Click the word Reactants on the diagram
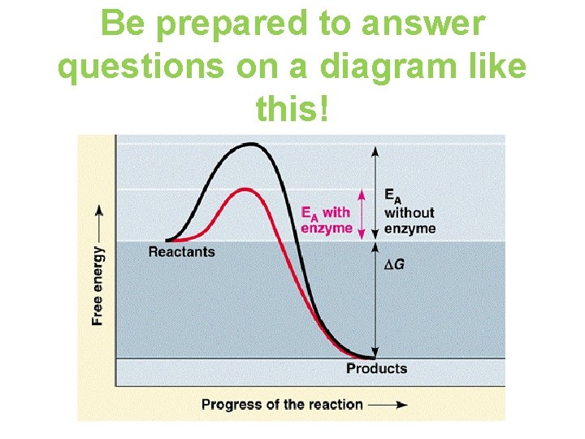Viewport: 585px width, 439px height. [x=181, y=252]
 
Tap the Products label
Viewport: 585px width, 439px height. [x=376, y=368]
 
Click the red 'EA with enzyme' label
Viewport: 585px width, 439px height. [x=326, y=220]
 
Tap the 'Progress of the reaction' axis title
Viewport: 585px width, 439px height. [x=282, y=404]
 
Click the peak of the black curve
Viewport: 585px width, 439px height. [x=252, y=145]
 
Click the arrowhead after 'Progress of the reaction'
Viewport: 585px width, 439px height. [x=400, y=404]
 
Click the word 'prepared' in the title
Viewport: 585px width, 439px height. [x=227, y=26]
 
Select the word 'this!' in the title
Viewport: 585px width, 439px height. [x=292, y=108]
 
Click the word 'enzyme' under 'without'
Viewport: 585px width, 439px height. [x=409, y=228]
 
